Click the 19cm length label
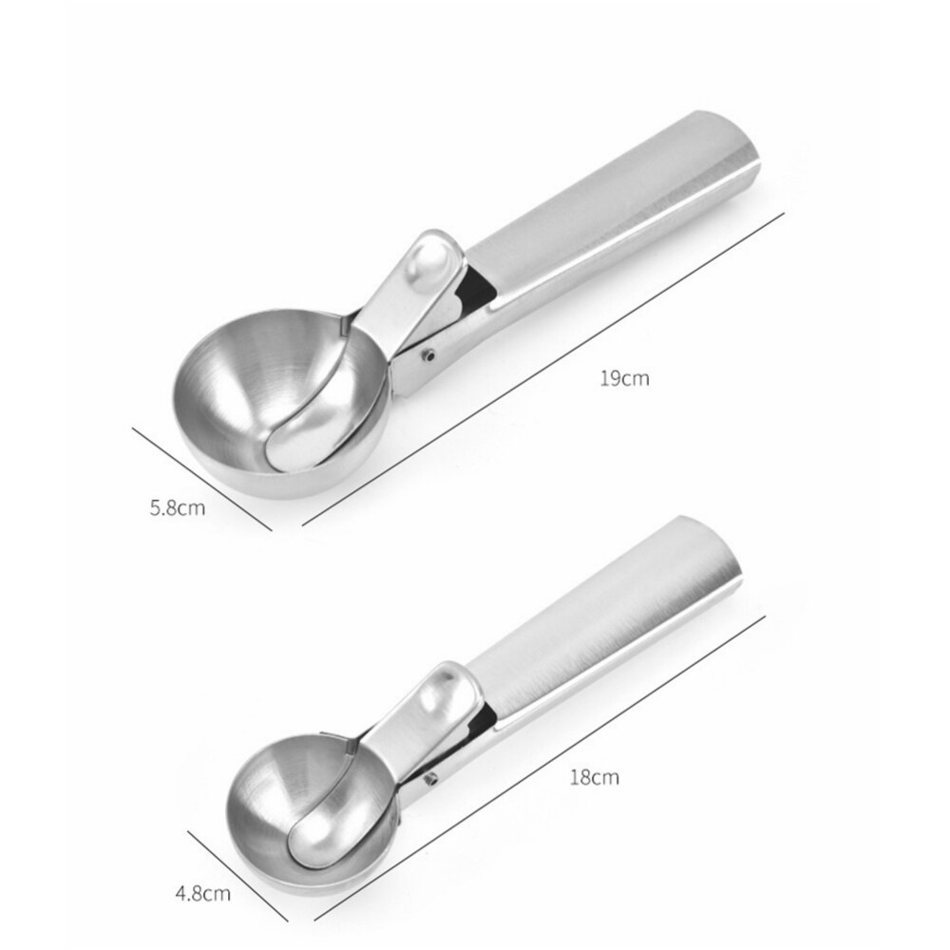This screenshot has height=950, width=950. click(x=624, y=378)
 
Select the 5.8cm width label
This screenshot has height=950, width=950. click(x=178, y=507)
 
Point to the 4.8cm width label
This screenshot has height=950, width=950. click(x=201, y=892)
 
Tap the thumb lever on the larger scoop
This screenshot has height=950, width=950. click(x=424, y=271)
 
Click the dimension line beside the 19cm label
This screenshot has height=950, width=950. click(x=541, y=370)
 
